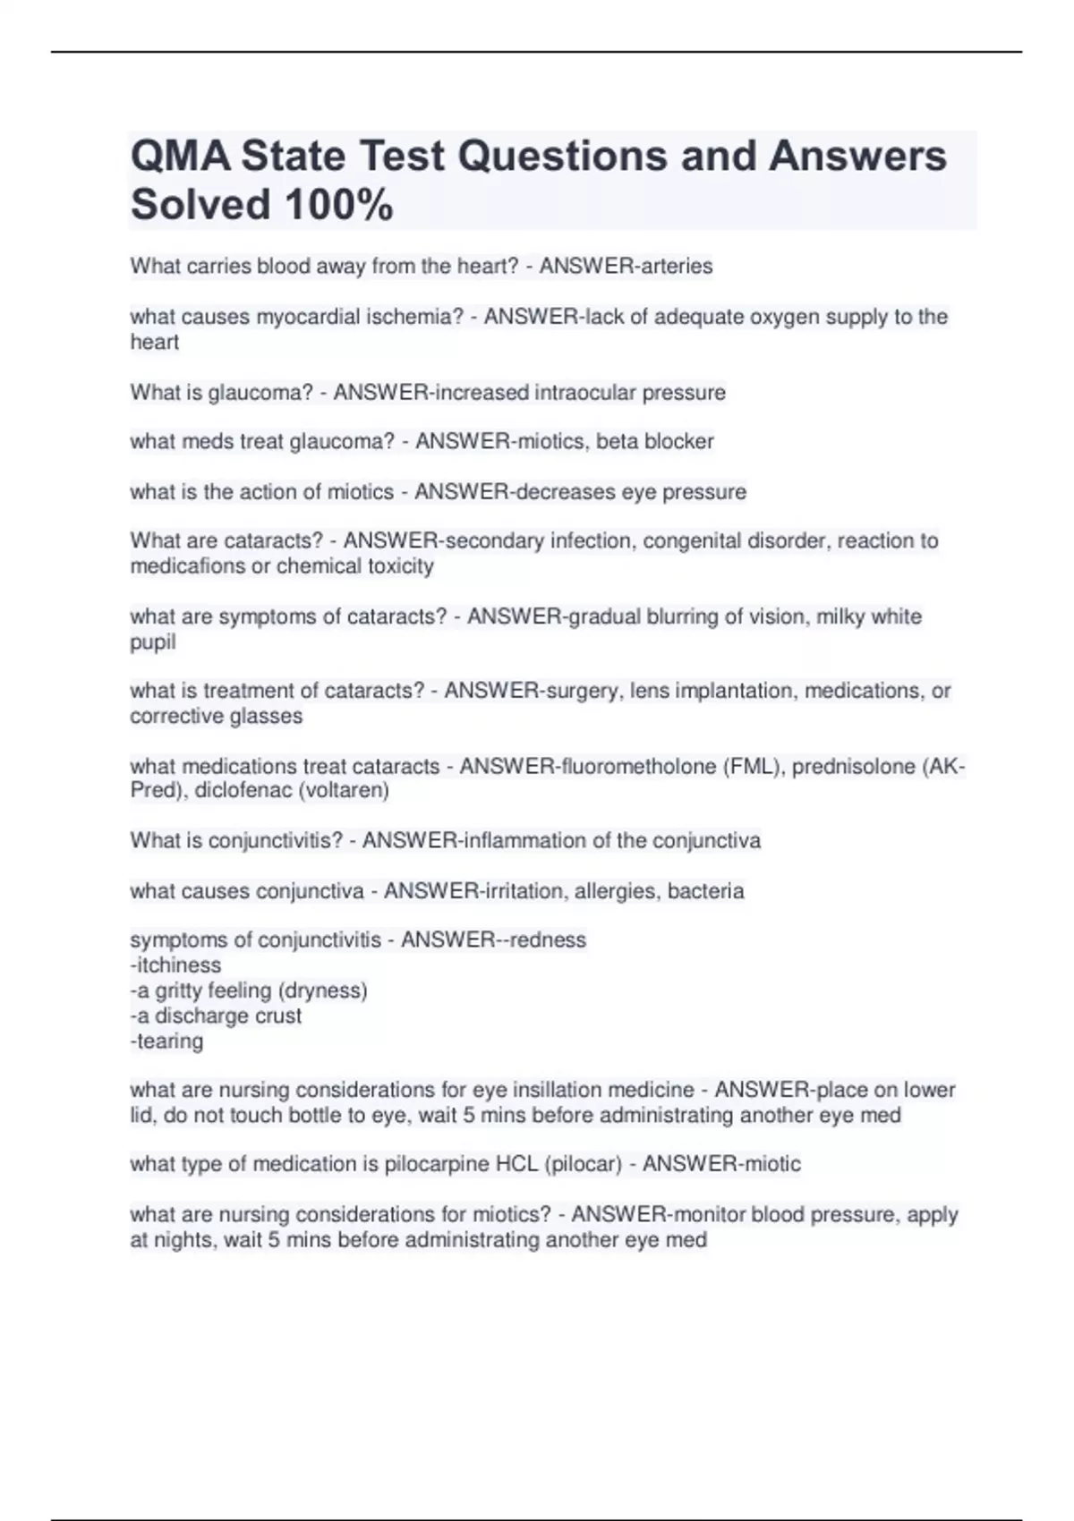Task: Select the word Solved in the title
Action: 200,205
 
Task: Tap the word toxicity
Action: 400,566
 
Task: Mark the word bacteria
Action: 706,891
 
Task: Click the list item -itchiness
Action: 175,965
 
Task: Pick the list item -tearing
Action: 166,1041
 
